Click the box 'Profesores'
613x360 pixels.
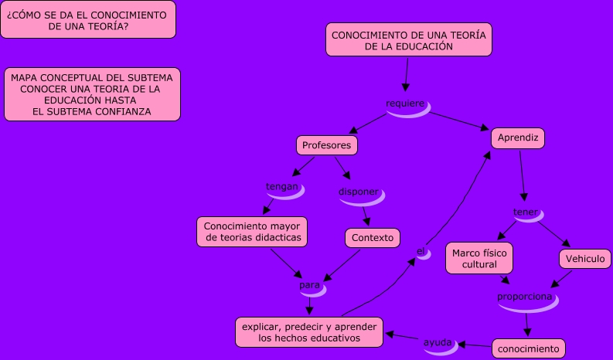tap(326, 145)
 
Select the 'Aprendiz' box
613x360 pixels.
tap(518, 138)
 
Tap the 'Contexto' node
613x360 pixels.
tap(372, 237)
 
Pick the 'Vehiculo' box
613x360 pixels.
tap(585, 259)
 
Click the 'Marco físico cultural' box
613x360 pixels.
tap(479, 258)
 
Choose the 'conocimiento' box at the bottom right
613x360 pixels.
tap(528, 348)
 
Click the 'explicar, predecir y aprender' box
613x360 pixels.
tap(308, 332)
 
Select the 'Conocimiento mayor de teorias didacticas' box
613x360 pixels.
tap(253, 232)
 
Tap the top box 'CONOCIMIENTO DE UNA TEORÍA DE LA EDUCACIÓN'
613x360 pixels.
tap(408, 40)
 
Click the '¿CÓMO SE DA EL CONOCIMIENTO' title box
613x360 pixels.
tap(87, 20)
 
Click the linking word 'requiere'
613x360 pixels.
tap(406, 104)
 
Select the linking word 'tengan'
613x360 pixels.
tap(282, 187)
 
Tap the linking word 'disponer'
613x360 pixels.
tap(359, 192)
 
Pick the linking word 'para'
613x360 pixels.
tap(310, 286)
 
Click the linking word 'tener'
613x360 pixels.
tap(526, 212)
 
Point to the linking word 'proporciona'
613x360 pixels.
tap(525, 297)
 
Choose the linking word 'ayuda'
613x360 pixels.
tap(437, 341)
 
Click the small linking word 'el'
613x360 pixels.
tap(421, 251)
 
